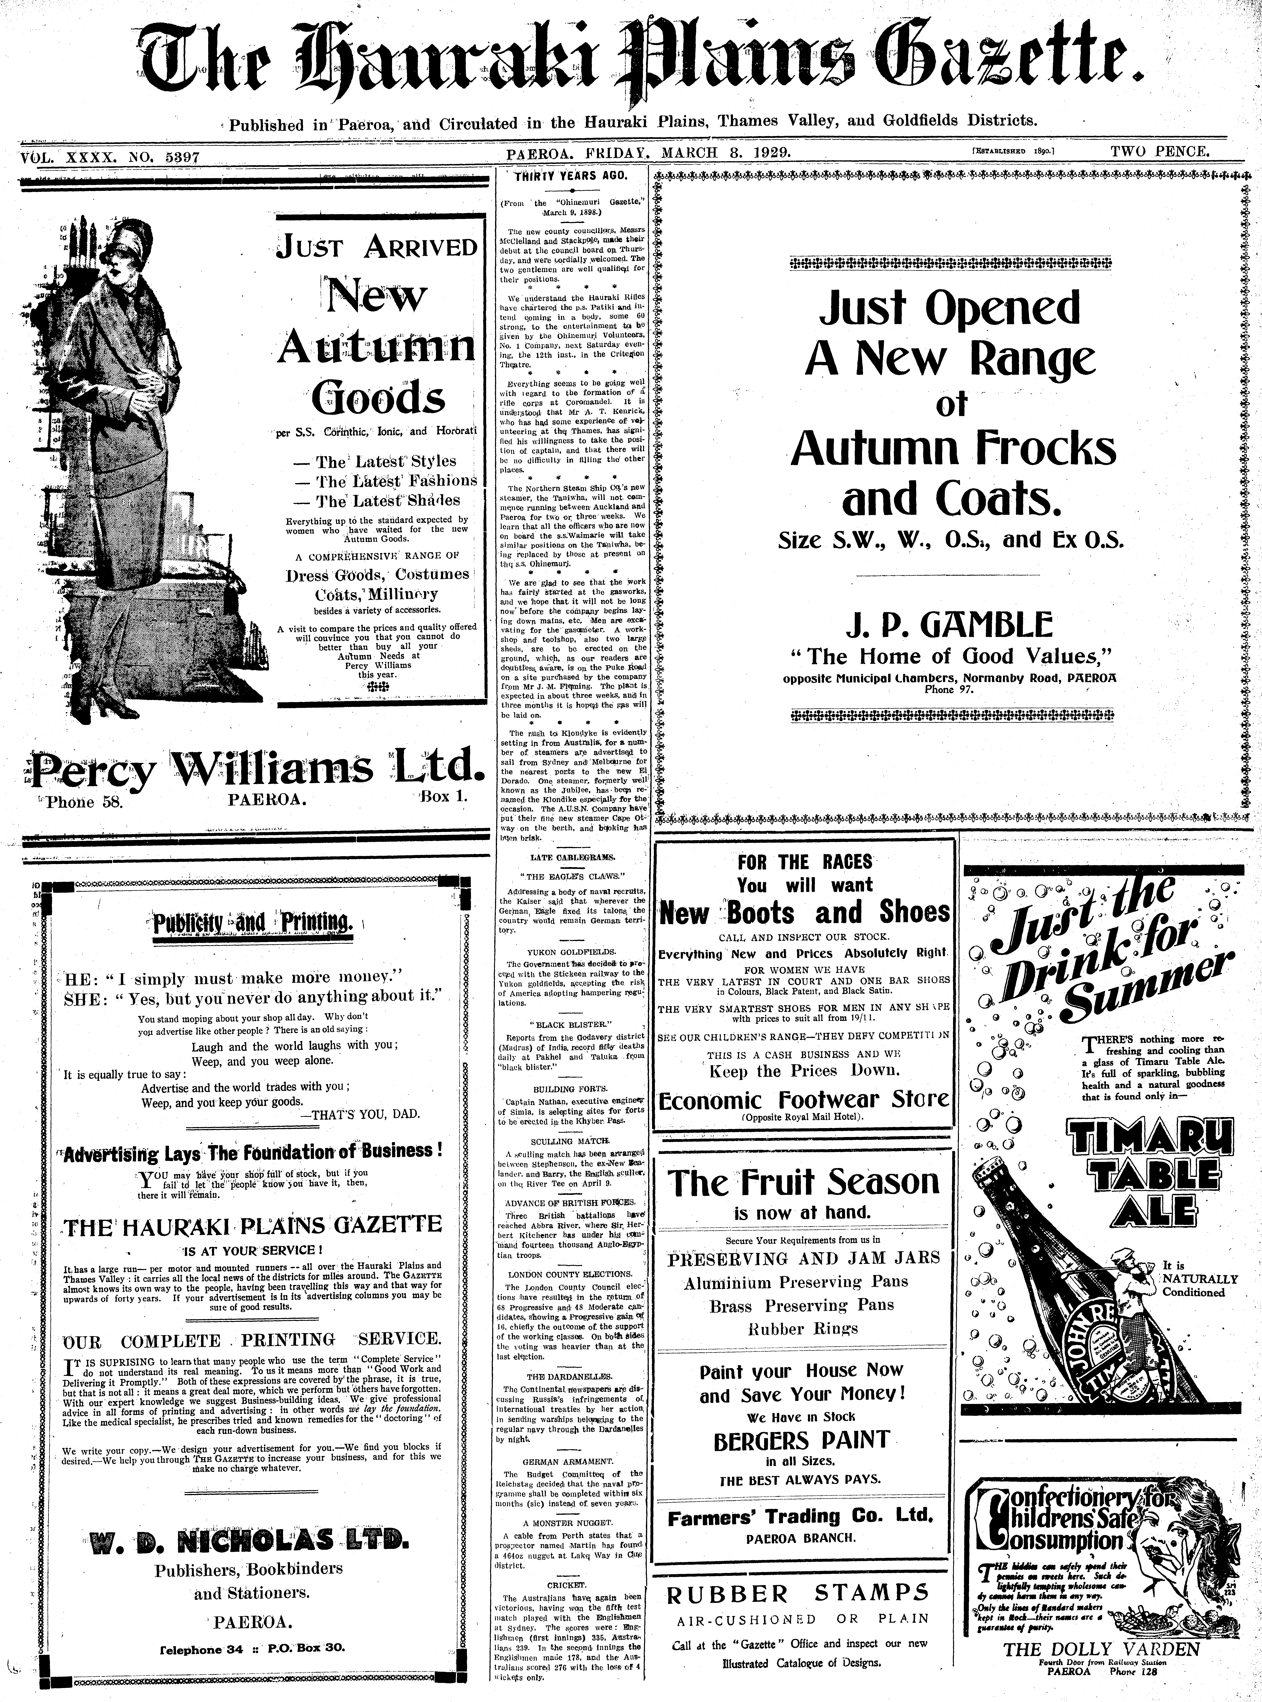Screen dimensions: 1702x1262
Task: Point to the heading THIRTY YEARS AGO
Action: click(571, 176)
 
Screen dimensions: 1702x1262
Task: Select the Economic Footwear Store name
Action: click(804, 1100)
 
